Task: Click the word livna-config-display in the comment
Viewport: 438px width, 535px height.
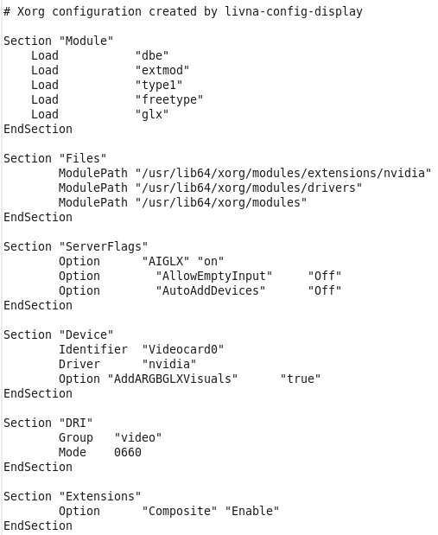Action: (x=294, y=12)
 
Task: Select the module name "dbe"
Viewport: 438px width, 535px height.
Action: (x=152, y=55)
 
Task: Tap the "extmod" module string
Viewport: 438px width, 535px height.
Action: (x=162, y=70)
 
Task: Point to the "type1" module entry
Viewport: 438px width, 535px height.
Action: (x=159, y=85)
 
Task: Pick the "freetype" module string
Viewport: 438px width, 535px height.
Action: (x=169, y=99)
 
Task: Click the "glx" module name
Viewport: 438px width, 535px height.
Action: (x=152, y=114)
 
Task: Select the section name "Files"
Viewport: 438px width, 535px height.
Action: (x=83, y=158)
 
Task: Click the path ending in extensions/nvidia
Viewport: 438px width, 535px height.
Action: (x=283, y=173)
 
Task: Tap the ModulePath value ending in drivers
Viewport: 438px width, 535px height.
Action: (x=249, y=188)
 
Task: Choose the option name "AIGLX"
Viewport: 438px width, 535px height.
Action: (x=166, y=261)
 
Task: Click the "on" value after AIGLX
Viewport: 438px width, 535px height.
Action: (x=211, y=261)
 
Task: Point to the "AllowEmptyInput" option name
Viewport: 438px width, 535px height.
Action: (x=214, y=276)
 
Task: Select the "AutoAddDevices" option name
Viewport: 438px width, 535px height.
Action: (x=211, y=290)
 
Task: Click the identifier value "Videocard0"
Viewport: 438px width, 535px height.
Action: (x=183, y=349)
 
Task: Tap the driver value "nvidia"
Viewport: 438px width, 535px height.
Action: (x=169, y=364)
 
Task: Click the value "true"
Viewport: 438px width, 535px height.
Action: (x=301, y=379)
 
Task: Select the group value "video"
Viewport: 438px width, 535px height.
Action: (x=138, y=437)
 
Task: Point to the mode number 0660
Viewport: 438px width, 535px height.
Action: (x=128, y=452)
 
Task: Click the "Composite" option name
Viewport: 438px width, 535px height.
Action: (x=180, y=511)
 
